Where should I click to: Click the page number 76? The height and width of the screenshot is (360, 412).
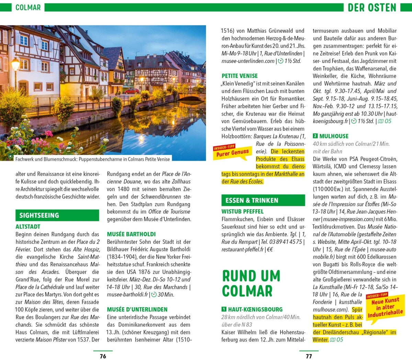(103, 356)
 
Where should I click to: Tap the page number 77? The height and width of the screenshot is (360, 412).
(309, 356)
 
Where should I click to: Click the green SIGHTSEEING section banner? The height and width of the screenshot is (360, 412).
(57, 215)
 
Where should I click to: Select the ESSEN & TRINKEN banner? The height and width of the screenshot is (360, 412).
(263, 200)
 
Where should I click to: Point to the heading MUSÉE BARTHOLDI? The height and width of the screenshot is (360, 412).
(131, 234)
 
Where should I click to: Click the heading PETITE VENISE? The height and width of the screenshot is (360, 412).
(239, 76)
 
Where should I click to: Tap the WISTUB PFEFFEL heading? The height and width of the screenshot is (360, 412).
(242, 211)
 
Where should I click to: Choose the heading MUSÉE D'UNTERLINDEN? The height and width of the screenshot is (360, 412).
(137, 309)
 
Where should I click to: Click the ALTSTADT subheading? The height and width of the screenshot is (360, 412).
(28, 227)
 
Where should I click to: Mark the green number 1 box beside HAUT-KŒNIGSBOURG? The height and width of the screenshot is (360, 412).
(224, 309)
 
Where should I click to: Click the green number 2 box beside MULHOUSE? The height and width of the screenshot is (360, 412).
(316, 136)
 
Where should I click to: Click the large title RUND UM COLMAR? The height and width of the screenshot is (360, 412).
(251, 283)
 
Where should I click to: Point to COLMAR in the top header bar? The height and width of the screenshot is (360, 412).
(28, 7)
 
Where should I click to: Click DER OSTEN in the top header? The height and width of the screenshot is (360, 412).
(372, 7)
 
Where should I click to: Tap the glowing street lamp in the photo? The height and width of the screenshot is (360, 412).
(15, 64)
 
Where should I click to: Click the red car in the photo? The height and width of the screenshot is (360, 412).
(132, 91)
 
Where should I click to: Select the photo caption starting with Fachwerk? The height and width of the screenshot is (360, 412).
(92, 159)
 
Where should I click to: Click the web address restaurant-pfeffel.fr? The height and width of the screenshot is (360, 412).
(242, 249)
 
